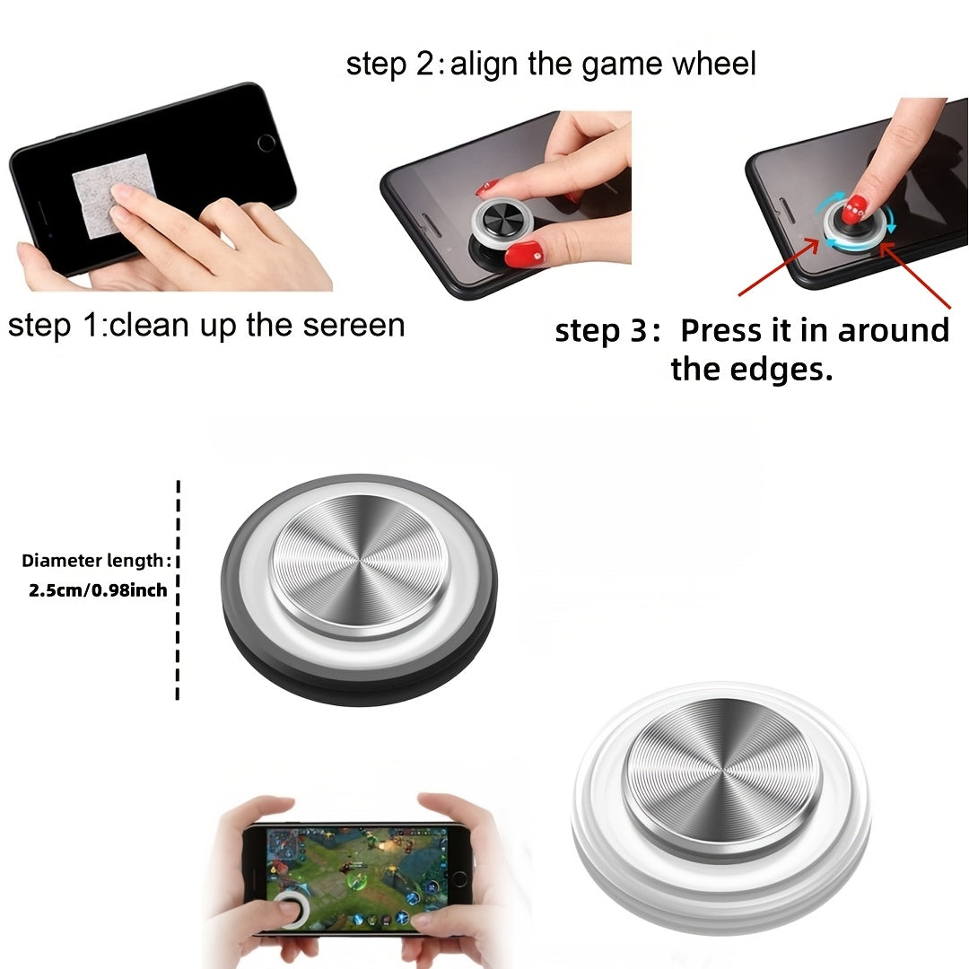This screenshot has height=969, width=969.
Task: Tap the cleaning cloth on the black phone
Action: (x=111, y=195)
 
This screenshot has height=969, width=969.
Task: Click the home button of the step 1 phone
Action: (x=266, y=143)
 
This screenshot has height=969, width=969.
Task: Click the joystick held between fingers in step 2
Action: (x=502, y=222)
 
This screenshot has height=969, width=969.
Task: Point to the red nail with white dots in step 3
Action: (x=855, y=209)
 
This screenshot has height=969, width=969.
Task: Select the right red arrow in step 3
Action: (x=915, y=275)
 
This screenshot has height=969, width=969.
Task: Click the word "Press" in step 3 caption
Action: (x=721, y=330)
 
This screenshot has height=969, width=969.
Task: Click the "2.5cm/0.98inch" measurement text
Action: (x=99, y=590)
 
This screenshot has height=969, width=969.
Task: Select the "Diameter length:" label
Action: (x=96, y=561)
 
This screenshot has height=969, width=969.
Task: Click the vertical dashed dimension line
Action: (x=178, y=589)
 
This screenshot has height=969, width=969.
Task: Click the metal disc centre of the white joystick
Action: (x=721, y=773)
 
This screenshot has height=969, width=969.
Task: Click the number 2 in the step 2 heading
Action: (x=426, y=64)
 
